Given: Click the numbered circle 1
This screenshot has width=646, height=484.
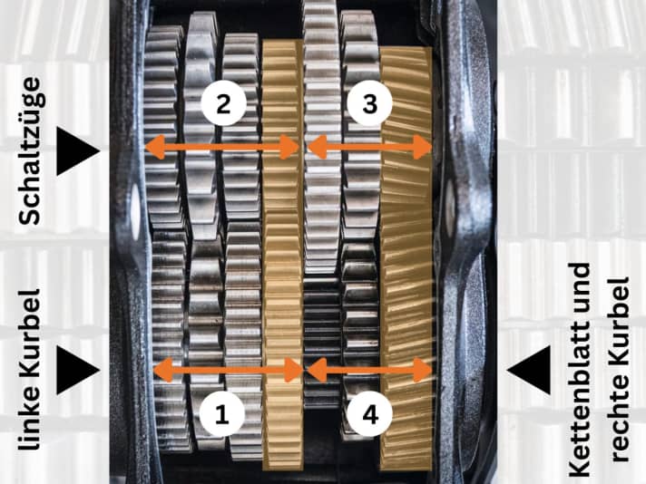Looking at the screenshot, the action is [x=222, y=413].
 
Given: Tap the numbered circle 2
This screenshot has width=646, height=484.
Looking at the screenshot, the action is [x=223, y=103].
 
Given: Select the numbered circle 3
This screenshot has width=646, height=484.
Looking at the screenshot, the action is [x=369, y=103].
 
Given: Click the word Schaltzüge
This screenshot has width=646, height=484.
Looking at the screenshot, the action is [x=30, y=150].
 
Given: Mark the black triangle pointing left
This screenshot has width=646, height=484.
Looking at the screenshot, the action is [x=529, y=370].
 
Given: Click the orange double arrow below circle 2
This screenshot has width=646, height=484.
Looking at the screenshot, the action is [x=222, y=147].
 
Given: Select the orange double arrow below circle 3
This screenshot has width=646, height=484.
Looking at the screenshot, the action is [x=369, y=147].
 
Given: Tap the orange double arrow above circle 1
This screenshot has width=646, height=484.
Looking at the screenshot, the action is [x=229, y=370].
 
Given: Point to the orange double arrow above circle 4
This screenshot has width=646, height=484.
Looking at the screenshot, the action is [x=369, y=370].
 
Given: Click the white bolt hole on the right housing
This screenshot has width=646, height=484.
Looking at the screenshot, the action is [x=450, y=206].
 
